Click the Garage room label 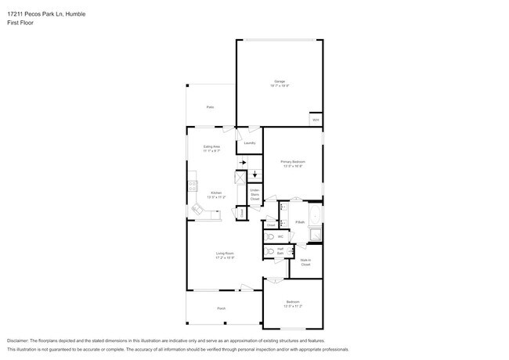tap(280, 81)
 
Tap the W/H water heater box tap(316, 120)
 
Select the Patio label tap(210, 107)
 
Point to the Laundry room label tap(250, 143)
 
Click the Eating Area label tap(211, 146)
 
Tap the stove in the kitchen tap(190, 186)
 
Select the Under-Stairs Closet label tap(254, 195)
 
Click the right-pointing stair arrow tap(243, 163)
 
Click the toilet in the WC tap(270, 236)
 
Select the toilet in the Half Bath tap(269, 252)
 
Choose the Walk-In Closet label tap(305, 262)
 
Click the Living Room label tap(226, 253)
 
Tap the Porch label tap(222, 309)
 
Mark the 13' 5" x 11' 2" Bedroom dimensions tap(293, 307)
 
